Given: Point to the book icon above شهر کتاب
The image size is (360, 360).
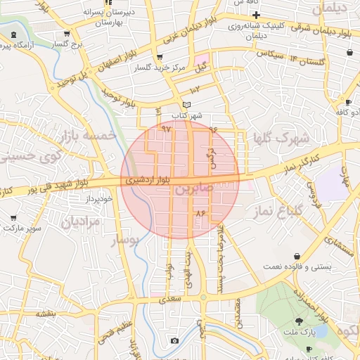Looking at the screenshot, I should [x=186, y=105].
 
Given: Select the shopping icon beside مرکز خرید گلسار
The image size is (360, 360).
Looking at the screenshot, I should [x=160, y=57].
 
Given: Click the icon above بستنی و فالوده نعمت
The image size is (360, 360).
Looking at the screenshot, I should [x=298, y=256].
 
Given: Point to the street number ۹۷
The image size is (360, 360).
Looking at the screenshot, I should [x=167, y=129].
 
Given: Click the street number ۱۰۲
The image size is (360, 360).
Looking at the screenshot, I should [x=195, y=89].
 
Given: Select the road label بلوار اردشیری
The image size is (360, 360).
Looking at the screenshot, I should [x=150, y=181].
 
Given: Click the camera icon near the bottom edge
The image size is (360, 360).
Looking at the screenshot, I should [x=174, y=341].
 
